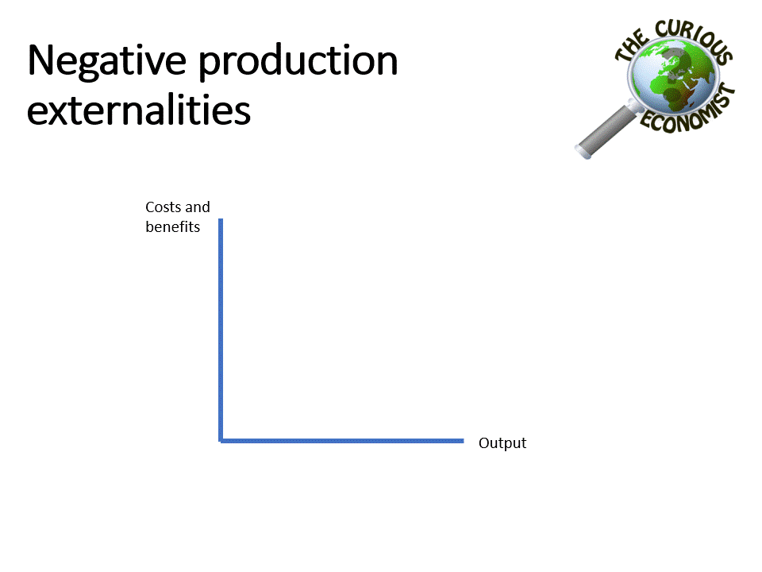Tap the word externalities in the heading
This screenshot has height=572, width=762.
[139, 111]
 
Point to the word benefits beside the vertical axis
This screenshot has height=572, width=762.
[172, 226]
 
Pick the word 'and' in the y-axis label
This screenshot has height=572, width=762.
[198, 207]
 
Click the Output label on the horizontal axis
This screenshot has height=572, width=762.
[502, 443]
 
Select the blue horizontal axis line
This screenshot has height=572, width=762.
[341, 439]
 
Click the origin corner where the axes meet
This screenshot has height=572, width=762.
[221, 439]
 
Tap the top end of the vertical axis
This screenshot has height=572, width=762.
[221, 221]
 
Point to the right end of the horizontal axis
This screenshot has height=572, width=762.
[461, 439]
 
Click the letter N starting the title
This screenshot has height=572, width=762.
[41, 61]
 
